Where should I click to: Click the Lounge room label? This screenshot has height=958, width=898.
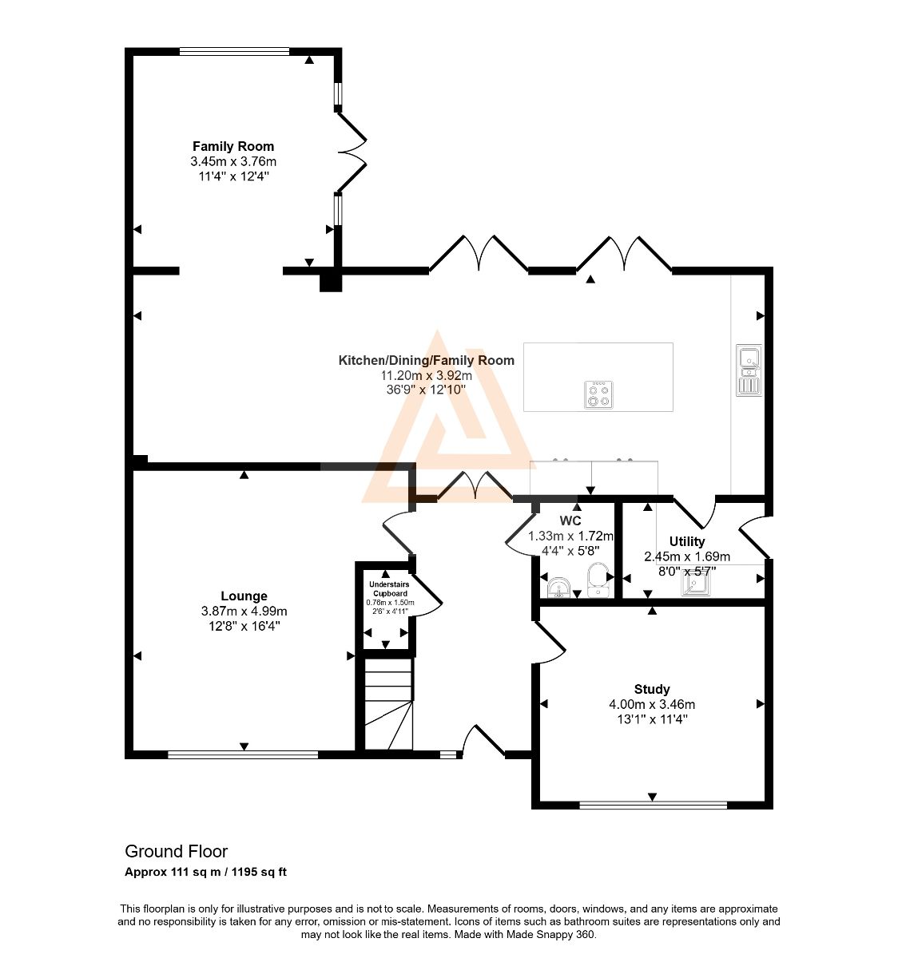(244, 596)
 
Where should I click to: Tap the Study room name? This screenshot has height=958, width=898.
(652, 689)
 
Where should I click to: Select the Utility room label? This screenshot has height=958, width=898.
(686, 541)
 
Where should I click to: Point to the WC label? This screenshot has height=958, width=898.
(570, 521)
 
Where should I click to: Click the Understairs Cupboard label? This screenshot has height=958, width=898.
(389, 589)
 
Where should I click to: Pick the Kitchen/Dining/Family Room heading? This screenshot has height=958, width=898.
(427, 360)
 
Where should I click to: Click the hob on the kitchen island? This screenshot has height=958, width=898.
(598, 394)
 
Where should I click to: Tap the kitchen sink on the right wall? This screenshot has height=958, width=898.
(749, 370)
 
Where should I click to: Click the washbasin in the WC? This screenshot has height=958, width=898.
(559, 587)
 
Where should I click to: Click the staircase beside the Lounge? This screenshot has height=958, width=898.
(388, 704)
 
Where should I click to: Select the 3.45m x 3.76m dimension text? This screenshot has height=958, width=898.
(233, 161)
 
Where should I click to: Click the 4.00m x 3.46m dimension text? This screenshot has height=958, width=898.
(652, 704)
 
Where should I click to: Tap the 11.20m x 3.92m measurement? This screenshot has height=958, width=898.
(427, 374)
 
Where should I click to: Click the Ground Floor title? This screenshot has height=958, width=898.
(177, 851)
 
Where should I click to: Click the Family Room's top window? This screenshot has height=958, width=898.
(234, 51)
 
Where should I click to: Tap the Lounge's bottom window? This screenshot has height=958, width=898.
(243, 754)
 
